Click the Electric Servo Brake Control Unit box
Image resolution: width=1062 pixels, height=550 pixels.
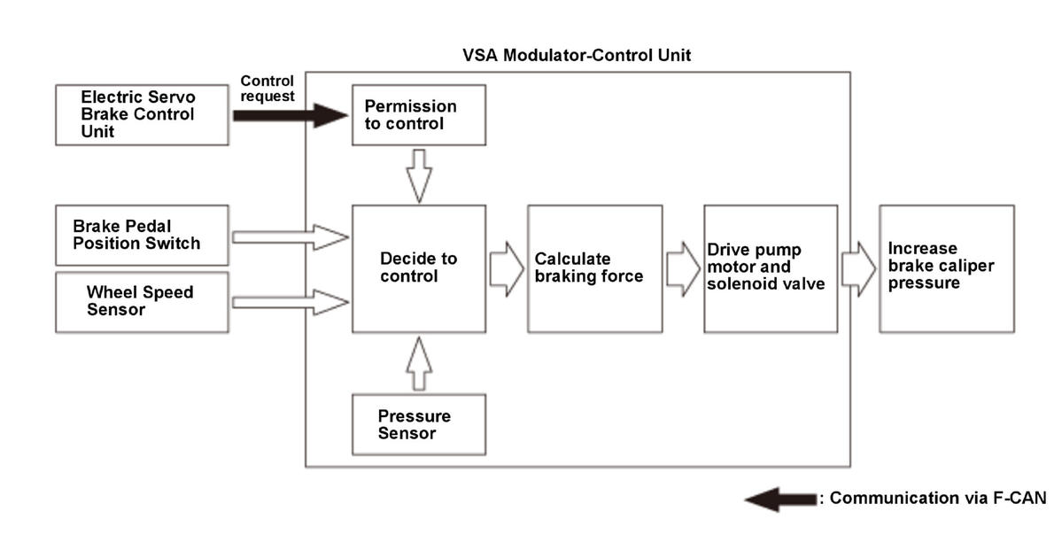click(142, 114)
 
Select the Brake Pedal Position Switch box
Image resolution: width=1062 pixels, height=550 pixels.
click(142, 235)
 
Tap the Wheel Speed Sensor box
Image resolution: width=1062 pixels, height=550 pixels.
click(142, 302)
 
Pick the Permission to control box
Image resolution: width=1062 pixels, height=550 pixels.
click(419, 114)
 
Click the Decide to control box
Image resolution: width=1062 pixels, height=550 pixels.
click(419, 269)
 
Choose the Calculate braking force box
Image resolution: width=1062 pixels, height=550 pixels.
click(594, 269)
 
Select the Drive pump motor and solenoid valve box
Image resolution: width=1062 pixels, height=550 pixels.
click(771, 269)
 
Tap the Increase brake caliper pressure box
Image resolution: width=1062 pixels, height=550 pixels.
click(947, 269)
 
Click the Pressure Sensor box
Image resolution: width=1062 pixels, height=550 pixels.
click(419, 425)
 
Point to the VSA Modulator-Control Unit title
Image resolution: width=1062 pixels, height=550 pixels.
click(577, 55)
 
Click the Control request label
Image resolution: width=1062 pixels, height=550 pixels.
click(267, 89)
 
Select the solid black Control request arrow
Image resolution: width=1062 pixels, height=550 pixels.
click(291, 115)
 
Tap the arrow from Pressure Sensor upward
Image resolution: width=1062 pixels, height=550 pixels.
click(419, 364)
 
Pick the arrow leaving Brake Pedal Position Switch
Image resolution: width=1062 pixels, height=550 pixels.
click(291, 237)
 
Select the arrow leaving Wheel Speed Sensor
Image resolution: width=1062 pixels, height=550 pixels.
click(291, 302)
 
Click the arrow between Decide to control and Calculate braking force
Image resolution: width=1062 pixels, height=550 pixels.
click(507, 269)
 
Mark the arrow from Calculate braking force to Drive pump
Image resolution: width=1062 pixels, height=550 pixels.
click(683, 269)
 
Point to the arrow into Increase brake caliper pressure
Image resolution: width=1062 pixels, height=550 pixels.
click(859, 269)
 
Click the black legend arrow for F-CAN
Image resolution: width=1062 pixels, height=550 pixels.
click(781, 500)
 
